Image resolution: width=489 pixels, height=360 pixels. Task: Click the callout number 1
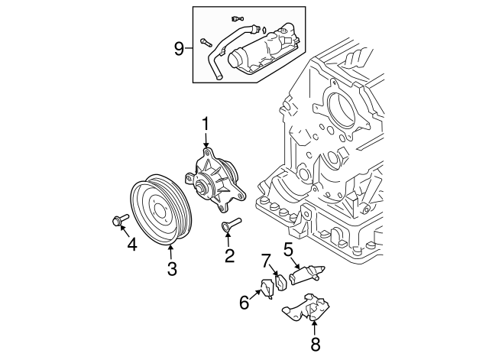(205, 123)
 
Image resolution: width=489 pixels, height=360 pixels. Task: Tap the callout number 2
(228, 256)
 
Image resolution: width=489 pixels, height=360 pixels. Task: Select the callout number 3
(172, 268)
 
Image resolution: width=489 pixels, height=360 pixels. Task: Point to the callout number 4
(131, 245)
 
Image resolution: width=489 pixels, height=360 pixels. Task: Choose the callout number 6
(244, 303)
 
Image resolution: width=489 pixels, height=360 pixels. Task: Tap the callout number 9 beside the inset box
(179, 49)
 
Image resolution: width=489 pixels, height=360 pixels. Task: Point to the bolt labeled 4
(118, 221)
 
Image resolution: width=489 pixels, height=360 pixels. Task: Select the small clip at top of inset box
(236, 17)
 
